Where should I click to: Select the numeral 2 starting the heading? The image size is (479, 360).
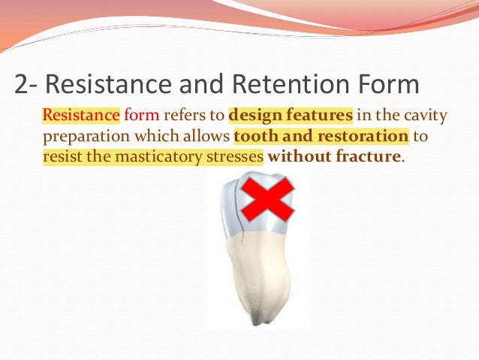[23, 85]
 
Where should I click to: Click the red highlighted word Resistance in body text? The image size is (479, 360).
[80, 116]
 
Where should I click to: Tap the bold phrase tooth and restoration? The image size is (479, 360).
[321, 137]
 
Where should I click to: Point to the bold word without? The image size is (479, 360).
[296, 157]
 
